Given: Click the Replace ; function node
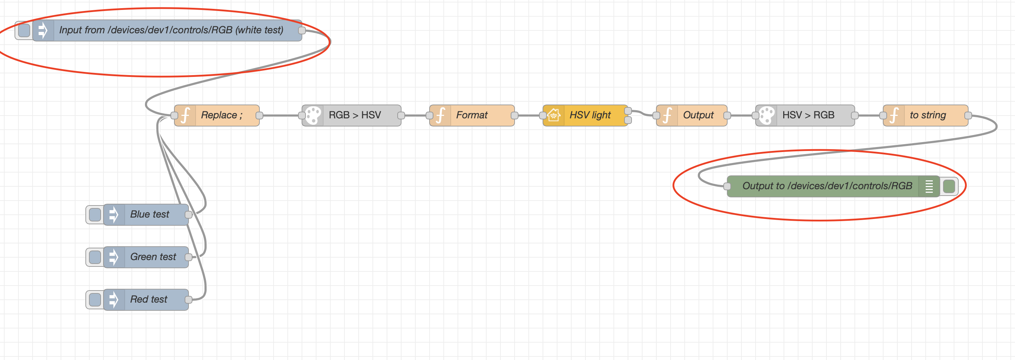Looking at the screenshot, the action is point(217,116).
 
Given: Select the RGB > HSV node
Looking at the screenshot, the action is point(352,116).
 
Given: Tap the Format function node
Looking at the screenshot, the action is point(472,116).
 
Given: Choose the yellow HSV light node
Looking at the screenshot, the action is point(585,116).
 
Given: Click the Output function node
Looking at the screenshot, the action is point(691,116).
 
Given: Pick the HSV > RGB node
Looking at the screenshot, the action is point(805,116).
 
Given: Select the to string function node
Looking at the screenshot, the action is point(926,116).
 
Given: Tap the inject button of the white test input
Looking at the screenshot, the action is point(24,30).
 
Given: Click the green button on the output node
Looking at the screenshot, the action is point(949,186).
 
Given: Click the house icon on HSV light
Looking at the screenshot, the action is point(554,116).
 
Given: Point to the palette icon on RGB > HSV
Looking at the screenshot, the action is point(313,116).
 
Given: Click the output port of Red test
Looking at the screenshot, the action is point(188,300).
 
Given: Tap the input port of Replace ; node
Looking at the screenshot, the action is point(174,116).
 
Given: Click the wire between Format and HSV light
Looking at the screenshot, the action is point(529,116).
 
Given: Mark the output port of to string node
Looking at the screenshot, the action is point(968,116).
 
